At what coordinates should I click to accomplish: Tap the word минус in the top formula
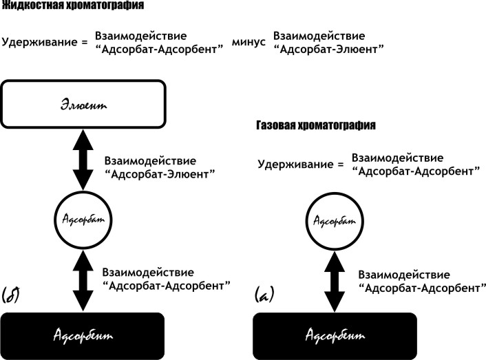click(248, 42)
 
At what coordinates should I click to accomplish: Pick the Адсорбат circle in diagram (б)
click(83, 218)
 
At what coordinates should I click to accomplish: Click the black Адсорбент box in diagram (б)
click(83, 335)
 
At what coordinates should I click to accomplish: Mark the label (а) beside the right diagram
click(264, 295)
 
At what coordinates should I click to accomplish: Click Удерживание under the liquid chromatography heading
click(39, 42)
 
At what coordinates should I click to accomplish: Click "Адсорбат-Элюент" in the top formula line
click(328, 49)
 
